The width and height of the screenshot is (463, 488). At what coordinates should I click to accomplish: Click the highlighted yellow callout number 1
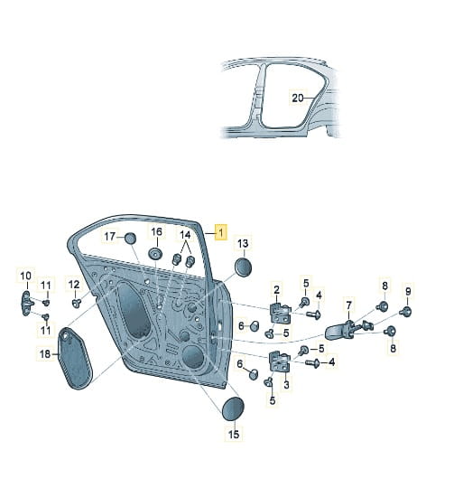tap(220, 232)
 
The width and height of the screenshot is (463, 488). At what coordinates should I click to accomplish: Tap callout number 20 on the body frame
tap(297, 98)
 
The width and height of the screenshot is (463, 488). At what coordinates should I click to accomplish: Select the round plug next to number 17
tap(130, 239)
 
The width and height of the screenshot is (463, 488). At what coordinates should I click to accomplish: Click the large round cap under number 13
tap(243, 267)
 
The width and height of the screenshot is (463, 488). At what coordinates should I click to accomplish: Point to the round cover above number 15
tap(233, 408)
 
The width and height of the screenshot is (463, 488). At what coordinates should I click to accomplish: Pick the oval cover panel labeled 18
tap(75, 358)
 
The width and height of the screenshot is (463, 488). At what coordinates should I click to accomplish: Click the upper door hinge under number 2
tap(281, 313)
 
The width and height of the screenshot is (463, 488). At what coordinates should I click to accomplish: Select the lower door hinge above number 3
tap(280, 361)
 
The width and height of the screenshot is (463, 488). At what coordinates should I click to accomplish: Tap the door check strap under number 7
tap(338, 332)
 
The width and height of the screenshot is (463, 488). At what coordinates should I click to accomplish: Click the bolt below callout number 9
tap(405, 311)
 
